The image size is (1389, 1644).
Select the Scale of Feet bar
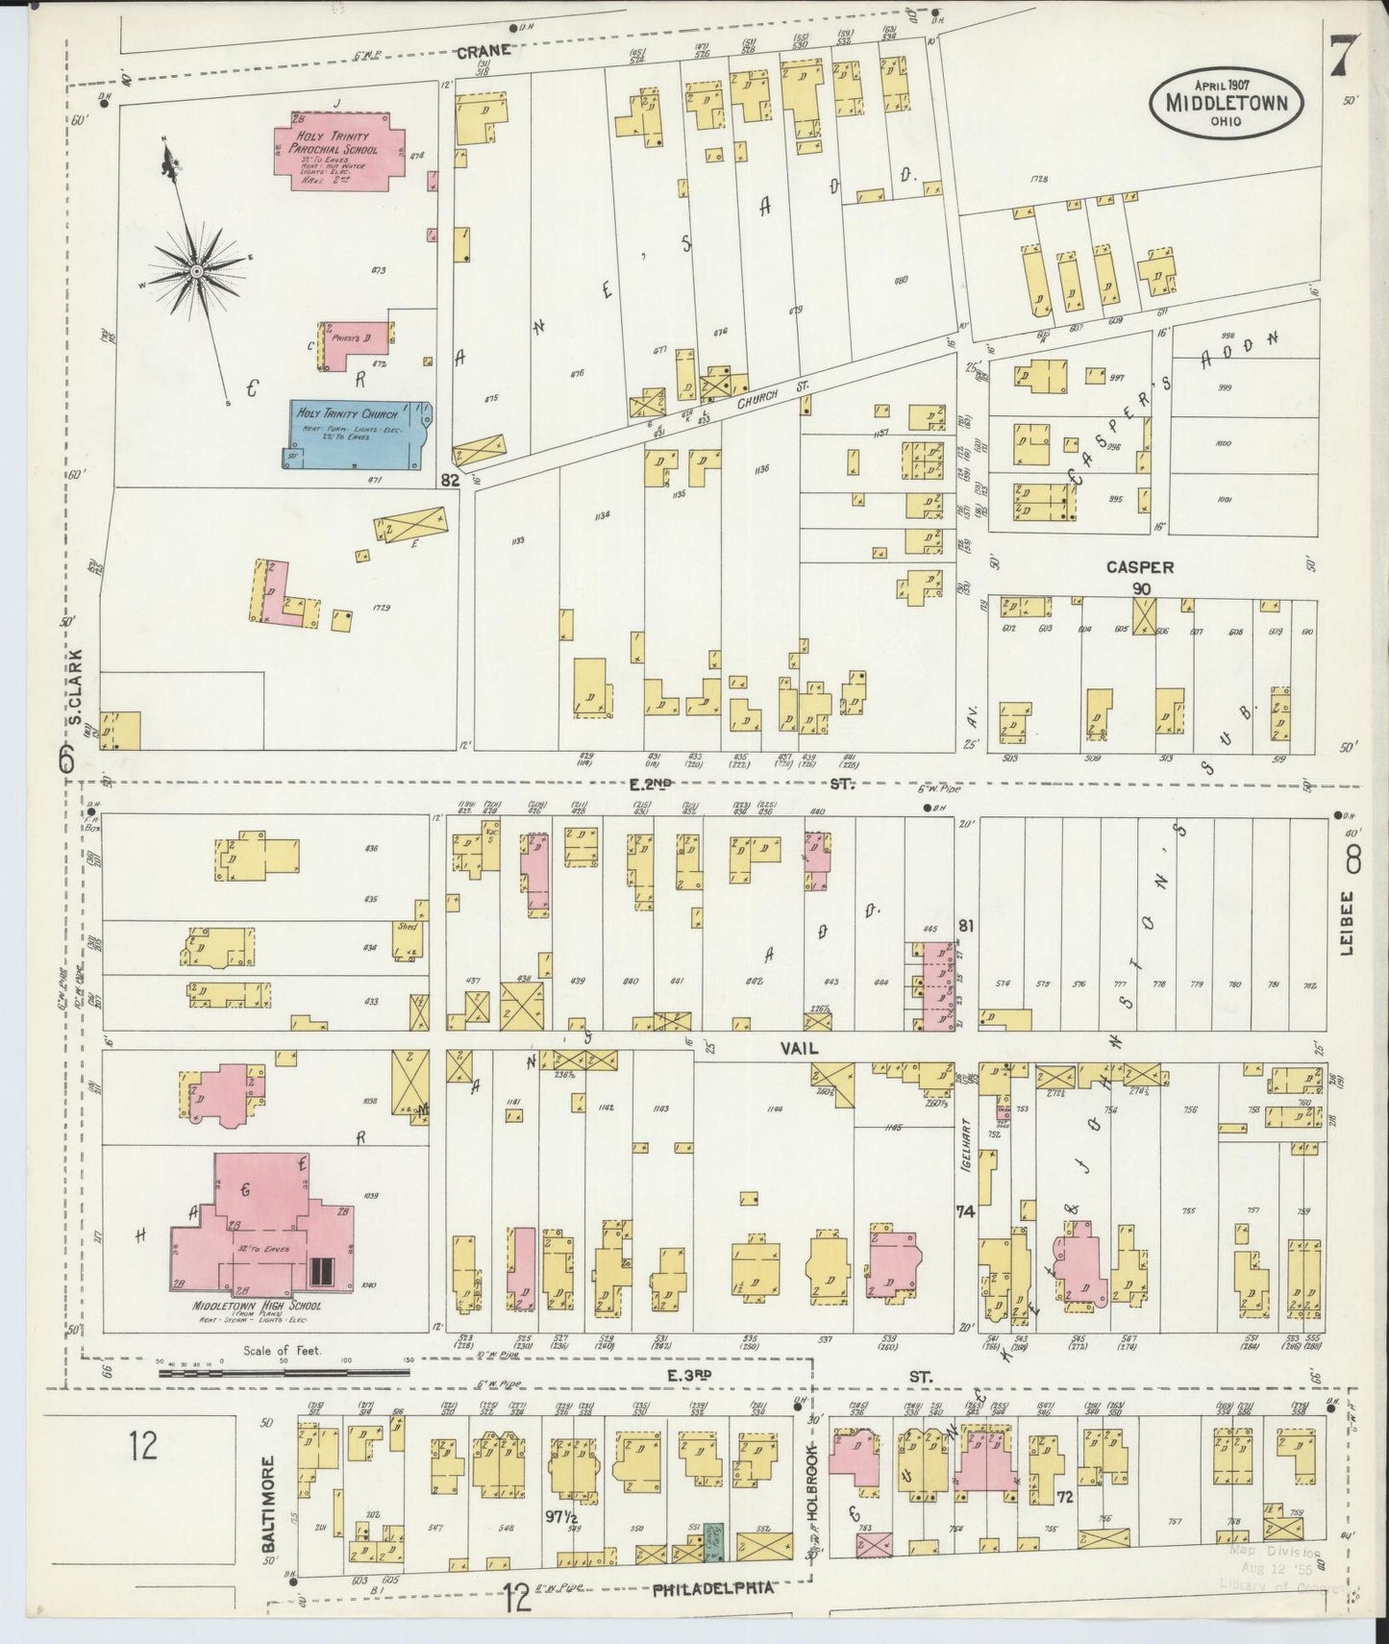284,1372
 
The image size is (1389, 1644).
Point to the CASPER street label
1139,567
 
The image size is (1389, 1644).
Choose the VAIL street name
800,1049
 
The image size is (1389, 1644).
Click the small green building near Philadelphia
714,1540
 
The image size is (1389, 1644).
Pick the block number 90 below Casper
1141,588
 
